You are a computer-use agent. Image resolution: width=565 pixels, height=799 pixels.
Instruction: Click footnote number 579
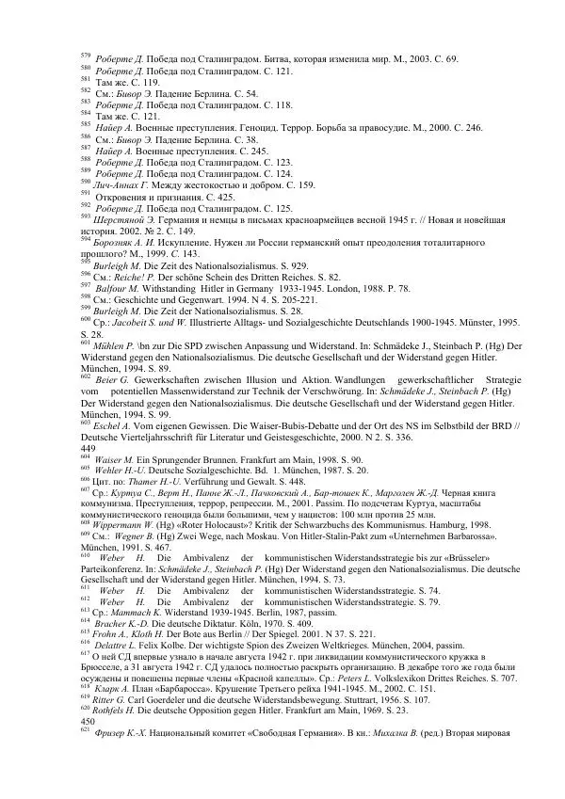[86, 56]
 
